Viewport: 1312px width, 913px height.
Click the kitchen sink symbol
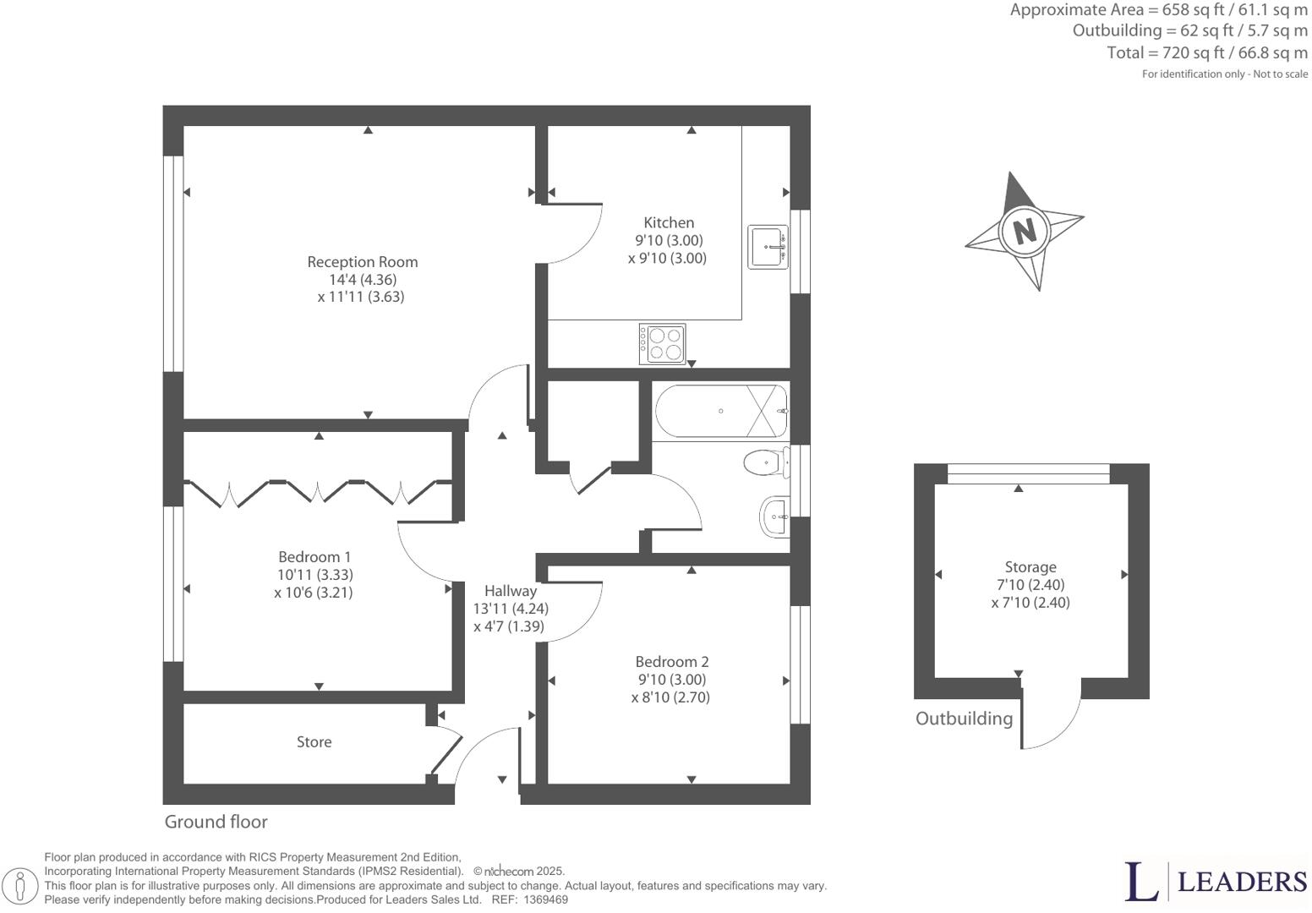tap(768, 247)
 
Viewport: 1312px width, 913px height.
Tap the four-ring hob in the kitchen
tap(663, 343)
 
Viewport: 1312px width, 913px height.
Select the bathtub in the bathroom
tap(720, 411)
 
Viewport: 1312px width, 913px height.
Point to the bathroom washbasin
tap(774, 516)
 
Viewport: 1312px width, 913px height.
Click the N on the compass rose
tap(1025, 230)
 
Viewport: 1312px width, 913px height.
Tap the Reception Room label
tap(362, 262)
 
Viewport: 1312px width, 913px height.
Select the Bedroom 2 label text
tap(671, 662)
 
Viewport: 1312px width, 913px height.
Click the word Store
tap(314, 742)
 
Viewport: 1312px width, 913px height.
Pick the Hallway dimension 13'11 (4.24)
tap(511, 609)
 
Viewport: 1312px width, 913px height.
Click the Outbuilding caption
tap(964, 719)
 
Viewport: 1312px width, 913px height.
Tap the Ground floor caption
tap(216, 822)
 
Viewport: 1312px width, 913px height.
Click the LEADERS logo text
tap(1241, 882)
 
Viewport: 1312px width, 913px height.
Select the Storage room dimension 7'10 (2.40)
tap(1030, 585)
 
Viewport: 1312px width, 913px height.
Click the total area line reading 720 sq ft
tap(1206, 52)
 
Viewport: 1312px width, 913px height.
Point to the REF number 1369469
tap(545, 900)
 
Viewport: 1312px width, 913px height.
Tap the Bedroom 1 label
tap(314, 557)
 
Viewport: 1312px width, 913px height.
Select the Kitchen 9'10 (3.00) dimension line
tap(668, 241)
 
